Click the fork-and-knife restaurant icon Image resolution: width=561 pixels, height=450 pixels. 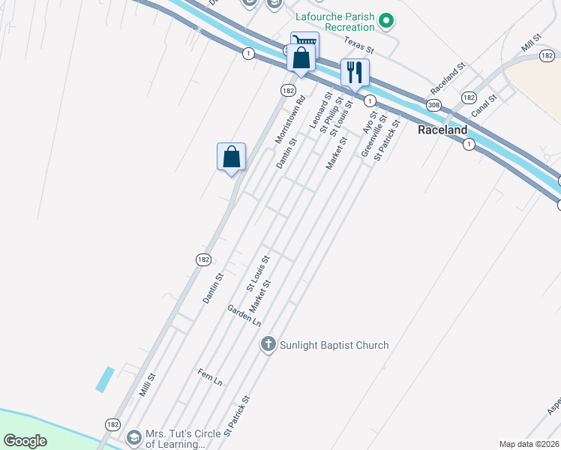[x=355, y=73]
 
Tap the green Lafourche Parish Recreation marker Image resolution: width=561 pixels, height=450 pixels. [x=386, y=20]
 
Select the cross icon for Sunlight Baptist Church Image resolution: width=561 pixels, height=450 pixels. [x=268, y=345]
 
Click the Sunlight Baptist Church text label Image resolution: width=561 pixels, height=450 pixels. [x=334, y=345]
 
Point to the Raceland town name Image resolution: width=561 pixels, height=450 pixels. [x=442, y=130]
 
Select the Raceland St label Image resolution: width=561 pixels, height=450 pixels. [x=448, y=78]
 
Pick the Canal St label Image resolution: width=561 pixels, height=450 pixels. [x=484, y=108]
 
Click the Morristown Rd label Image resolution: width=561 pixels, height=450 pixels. [x=290, y=118]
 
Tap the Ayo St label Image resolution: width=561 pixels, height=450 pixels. [x=368, y=121]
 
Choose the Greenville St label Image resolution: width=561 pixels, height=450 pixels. [x=373, y=135]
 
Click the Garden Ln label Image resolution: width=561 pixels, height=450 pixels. [x=244, y=315]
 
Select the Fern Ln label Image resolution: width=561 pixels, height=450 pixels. [x=210, y=377]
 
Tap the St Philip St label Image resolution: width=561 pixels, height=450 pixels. [x=331, y=115]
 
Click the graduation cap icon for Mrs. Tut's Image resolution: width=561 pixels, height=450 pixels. [x=133, y=437]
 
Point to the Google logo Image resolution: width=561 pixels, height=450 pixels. [x=25, y=441]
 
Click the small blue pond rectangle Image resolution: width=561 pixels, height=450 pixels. [x=105, y=379]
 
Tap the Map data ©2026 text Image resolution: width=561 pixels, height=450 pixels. [x=529, y=444]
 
